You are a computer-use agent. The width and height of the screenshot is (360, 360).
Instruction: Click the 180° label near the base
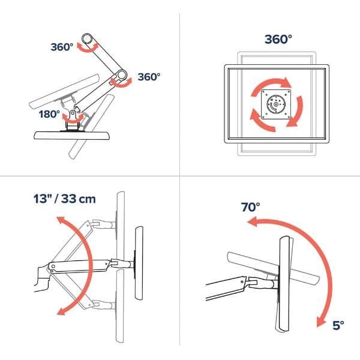coord(49,114)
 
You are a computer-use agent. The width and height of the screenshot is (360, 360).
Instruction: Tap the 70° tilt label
coord(250,207)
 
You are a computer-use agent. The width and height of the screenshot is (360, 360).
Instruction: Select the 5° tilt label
coord(338,325)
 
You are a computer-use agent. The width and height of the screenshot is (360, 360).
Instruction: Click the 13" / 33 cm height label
coord(65,199)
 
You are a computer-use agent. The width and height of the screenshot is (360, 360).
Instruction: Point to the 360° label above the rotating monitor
coord(278,39)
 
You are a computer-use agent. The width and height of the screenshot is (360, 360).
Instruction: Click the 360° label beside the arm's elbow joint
coord(149,77)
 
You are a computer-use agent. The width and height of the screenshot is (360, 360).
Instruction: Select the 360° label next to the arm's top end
coord(62,47)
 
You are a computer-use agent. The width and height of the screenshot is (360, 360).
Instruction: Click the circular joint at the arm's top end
coord(87,39)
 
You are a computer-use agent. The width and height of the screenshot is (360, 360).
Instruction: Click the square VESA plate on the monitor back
coord(276,104)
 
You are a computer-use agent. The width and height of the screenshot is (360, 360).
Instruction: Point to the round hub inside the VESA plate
coord(276,104)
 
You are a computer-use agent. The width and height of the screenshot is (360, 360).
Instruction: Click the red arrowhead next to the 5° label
coord(321,321)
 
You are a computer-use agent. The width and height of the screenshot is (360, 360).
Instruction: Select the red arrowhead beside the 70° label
coord(252,222)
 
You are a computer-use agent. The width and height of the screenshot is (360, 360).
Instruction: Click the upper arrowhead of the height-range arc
coord(61,221)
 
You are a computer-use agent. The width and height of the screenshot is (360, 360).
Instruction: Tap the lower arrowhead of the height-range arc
coord(61,311)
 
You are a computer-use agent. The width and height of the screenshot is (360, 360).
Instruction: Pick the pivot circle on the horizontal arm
coord(53,266)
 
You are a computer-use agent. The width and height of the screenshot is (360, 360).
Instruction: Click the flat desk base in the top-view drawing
coord(72,135)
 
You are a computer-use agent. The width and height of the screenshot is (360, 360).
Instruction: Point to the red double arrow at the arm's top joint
coord(88,48)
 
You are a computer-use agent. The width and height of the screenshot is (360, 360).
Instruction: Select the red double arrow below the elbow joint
coord(121,83)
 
